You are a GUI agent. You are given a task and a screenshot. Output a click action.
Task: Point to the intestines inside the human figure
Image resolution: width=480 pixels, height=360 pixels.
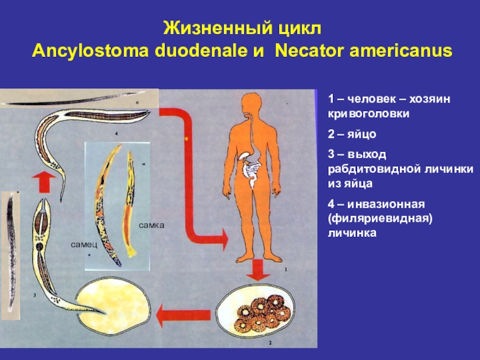click(250, 171)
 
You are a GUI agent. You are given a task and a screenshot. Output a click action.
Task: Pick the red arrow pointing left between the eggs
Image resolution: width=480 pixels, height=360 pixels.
click(183, 313)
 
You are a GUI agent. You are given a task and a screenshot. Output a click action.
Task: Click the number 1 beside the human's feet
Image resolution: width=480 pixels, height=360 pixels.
click(286, 270)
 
